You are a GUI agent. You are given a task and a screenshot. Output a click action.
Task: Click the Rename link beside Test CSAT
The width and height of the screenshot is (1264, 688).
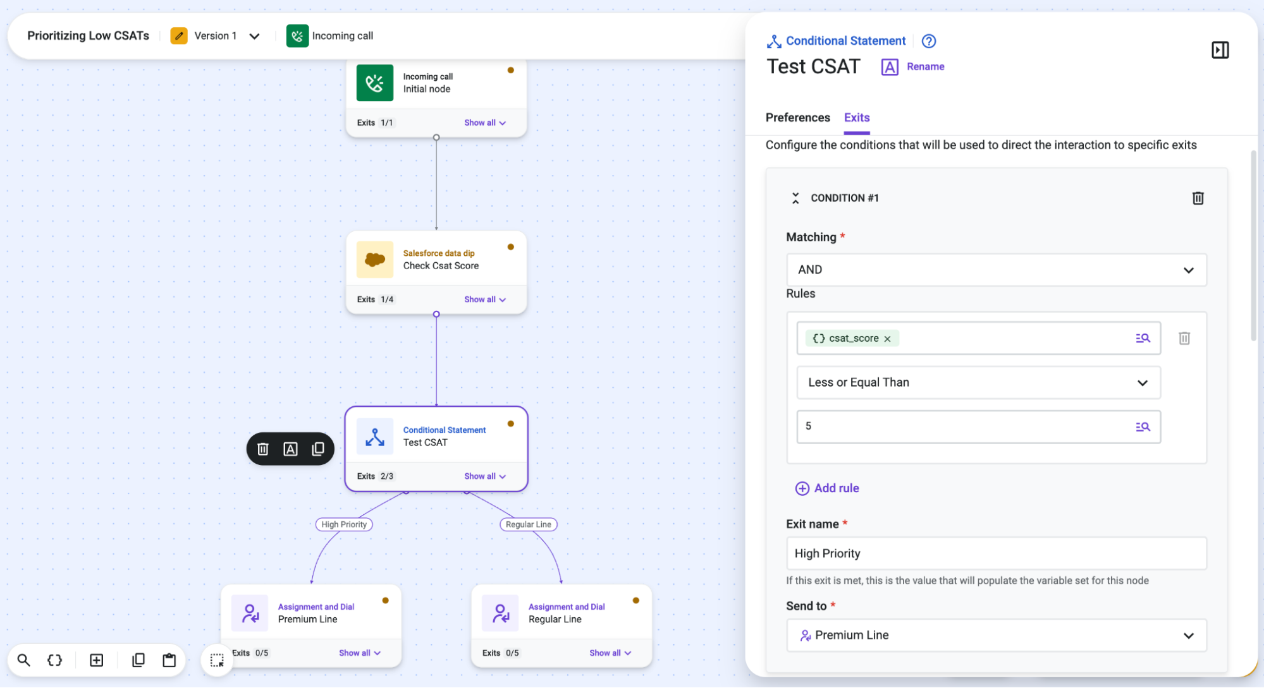[x=925, y=66]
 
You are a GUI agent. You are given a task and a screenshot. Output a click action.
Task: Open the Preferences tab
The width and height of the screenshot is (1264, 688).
[x=797, y=118]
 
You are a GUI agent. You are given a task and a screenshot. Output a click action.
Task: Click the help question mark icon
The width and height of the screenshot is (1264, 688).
[x=928, y=41]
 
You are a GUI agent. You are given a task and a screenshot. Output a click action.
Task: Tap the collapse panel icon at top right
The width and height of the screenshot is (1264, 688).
[x=1220, y=50]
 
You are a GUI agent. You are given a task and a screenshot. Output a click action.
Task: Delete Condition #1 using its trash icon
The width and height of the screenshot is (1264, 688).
[x=1198, y=198]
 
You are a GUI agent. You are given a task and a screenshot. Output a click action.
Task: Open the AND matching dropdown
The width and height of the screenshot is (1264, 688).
[x=996, y=270]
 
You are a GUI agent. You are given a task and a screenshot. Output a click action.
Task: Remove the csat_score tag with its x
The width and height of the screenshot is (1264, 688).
[x=887, y=339]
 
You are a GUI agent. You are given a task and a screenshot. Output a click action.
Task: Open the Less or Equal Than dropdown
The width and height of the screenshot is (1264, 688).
[x=978, y=383]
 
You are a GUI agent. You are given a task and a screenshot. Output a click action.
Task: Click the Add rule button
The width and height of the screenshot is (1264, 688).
[x=827, y=488]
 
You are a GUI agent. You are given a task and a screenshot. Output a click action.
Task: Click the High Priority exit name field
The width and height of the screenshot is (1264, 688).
[x=996, y=553]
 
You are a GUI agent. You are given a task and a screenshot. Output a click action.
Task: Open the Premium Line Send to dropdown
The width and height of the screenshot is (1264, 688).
[x=996, y=635]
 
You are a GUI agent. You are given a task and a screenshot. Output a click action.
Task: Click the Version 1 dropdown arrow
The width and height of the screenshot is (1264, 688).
[x=254, y=36]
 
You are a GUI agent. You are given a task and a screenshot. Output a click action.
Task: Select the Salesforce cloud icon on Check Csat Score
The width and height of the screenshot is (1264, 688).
[x=375, y=260]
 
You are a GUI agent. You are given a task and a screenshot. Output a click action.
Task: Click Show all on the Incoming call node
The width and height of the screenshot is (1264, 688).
[x=485, y=123]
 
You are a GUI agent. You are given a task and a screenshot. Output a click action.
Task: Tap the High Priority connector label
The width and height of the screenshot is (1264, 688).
[x=344, y=524]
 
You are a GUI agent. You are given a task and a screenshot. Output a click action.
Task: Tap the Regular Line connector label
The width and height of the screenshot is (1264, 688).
[x=529, y=524]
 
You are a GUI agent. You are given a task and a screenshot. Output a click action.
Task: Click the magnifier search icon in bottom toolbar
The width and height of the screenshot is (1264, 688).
[x=24, y=660]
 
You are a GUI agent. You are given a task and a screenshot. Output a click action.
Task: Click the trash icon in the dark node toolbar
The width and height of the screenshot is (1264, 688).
[x=262, y=449]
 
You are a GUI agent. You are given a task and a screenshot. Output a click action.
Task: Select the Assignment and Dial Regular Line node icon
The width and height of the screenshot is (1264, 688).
[x=500, y=613]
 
